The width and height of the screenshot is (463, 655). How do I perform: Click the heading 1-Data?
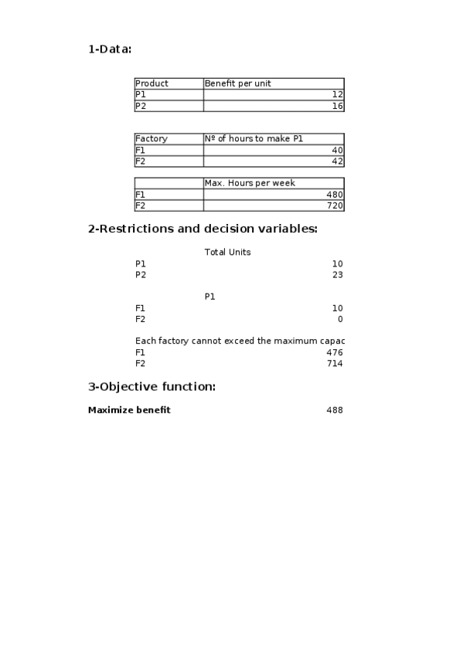[x=110, y=49]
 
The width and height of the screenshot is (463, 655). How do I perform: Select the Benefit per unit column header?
[x=237, y=83]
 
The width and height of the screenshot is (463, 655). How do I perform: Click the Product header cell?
[x=151, y=83]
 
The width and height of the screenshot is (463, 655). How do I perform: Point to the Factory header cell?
[x=151, y=139]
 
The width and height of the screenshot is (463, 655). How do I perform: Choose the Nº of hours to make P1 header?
[x=254, y=139]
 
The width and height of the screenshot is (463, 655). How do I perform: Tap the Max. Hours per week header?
[x=250, y=183]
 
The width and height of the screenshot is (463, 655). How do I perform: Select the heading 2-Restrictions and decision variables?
[x=203, y=229]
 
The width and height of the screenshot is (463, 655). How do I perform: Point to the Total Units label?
[x=227, y=253]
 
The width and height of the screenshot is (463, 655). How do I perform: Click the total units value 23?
[x=337, y=275]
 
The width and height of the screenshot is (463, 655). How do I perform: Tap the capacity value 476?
[x=335, y=352]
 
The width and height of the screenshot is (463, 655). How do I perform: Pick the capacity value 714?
[x=335, y=363]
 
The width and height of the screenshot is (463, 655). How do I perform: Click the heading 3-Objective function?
[x=151, y=386]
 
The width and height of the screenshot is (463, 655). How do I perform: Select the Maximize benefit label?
[x=129, y=410]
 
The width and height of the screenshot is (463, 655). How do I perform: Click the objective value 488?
[x=335, y=410]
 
